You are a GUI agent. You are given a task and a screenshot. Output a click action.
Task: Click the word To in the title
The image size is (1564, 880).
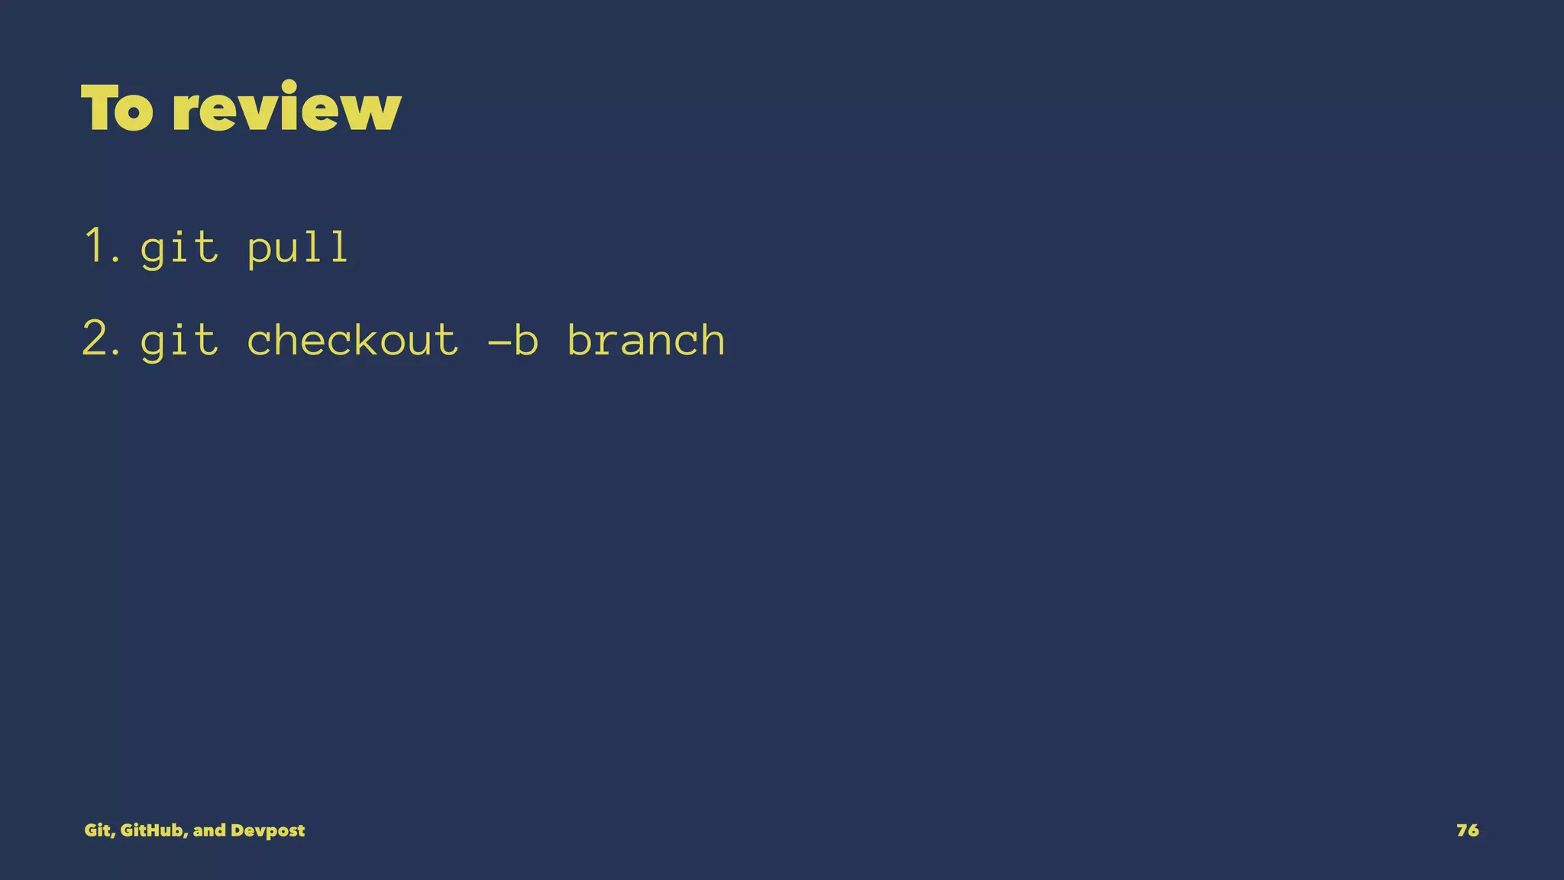coord(117,108)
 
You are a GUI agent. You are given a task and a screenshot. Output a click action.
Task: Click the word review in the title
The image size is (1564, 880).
coord(286,108)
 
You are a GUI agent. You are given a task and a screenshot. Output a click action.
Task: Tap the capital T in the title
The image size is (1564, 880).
coord(99,108)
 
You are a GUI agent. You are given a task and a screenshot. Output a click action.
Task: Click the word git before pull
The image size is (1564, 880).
coord(179,248)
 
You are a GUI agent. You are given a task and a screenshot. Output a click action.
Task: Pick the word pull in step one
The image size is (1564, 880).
coord(299,248)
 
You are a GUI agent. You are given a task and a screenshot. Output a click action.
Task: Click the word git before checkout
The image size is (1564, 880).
coord(179,341)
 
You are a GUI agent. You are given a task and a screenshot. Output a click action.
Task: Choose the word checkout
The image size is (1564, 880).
coord(352,340)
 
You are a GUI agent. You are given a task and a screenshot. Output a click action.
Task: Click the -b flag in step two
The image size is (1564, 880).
coord(512,340)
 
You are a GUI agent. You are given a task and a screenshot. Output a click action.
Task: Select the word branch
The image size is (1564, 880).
coord(646,340)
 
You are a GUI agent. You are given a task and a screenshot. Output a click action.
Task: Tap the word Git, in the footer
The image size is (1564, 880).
coord(99,830)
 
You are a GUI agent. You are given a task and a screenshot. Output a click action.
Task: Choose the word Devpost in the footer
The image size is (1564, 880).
coord(267,831)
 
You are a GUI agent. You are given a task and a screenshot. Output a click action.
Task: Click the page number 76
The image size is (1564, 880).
coord(1467,830)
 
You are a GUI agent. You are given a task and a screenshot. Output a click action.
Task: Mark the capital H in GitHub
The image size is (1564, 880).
coord(151,830)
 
